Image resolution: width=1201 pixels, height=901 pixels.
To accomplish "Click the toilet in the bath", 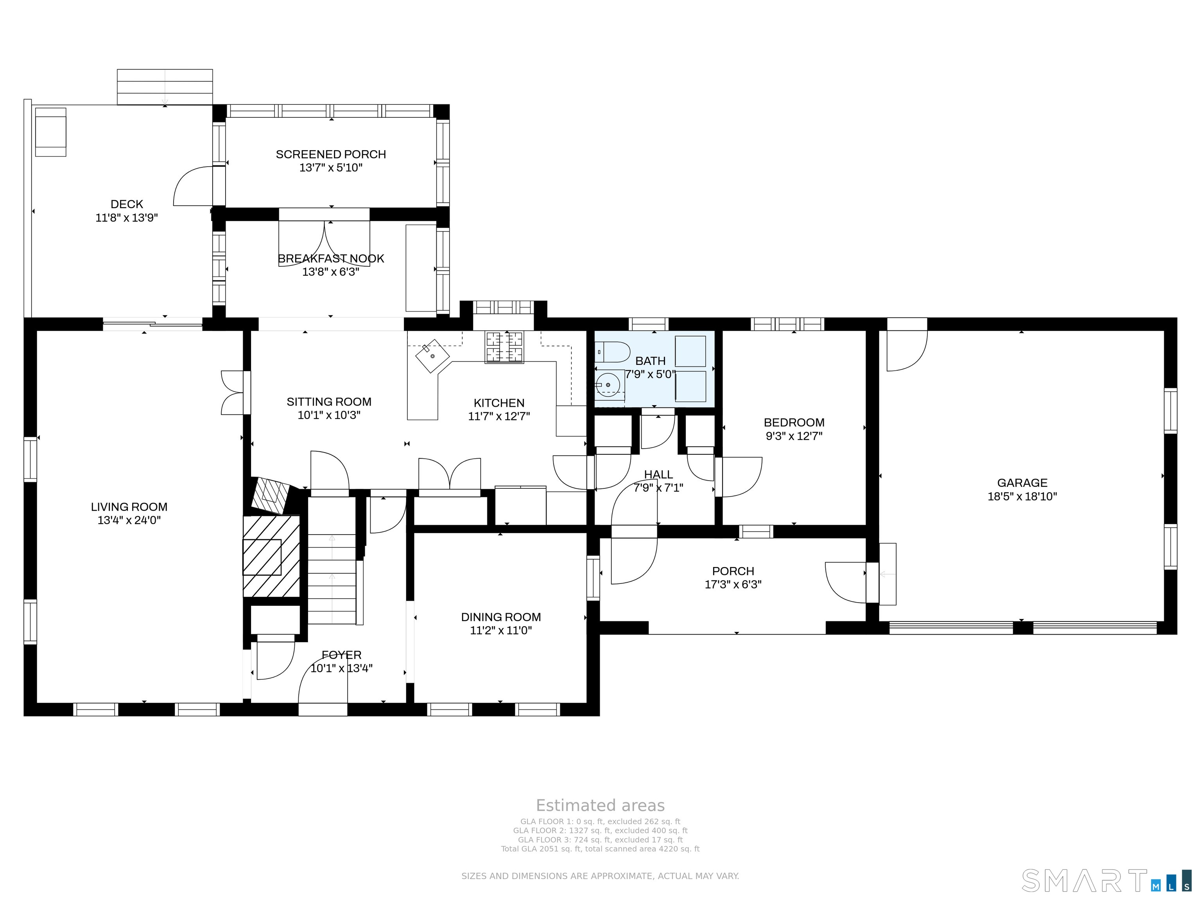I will tap(613, 352).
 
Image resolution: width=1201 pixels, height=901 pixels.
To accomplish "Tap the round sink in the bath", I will tap(608, 384).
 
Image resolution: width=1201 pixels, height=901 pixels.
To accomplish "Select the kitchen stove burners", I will tap(505, 347).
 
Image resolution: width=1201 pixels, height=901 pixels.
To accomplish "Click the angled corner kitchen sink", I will tap(433, 356).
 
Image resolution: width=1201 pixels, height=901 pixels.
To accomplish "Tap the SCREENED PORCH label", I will tap(331, 154).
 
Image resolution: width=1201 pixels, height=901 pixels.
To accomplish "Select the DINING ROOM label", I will tap(500, 617).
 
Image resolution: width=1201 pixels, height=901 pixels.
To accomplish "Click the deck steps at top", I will tap(165, 87).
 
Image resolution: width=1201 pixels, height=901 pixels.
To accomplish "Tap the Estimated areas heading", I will tap(600, 806).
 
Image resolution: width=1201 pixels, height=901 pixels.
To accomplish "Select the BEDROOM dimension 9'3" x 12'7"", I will tap(794, 436).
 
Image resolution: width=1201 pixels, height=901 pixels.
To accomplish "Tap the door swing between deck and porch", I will tap(193, 186).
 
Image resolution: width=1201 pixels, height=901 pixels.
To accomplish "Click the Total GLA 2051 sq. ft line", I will tap(600, 849).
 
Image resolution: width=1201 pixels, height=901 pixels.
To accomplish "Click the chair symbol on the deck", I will tap(50, 132).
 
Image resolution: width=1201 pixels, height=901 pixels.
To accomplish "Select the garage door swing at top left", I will tap(906, 350).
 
